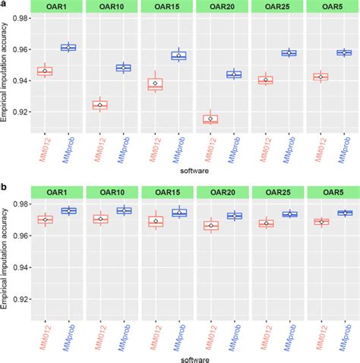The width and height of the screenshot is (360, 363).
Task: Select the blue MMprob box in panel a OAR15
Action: coord(178,55)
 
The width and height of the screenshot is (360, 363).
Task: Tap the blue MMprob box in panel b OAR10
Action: coord(123,210)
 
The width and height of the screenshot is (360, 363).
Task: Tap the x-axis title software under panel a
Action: coord(193,172)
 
